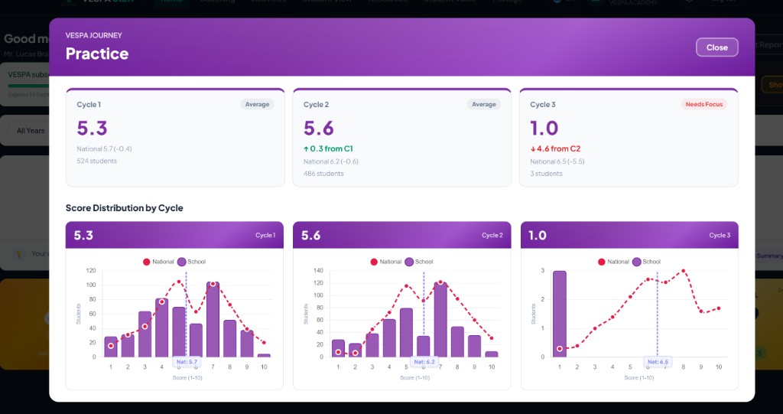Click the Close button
tap(716, 47)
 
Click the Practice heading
tap(97, 54)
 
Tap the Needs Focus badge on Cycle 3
tap(703, 104)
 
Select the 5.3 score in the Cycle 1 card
tap(93, 128)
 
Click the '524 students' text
tap(96, 161)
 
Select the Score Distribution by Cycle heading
tap(124, 208)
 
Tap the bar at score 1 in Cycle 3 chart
tap(559, 314)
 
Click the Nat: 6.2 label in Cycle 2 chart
tap(424, 362)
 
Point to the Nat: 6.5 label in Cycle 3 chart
tap(657, 362)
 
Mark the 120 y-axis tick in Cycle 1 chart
tap(91, 271)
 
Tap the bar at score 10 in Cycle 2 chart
tap(491, 354)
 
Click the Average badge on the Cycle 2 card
tap(483, 104)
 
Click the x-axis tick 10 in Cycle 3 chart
tap(719, 367)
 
